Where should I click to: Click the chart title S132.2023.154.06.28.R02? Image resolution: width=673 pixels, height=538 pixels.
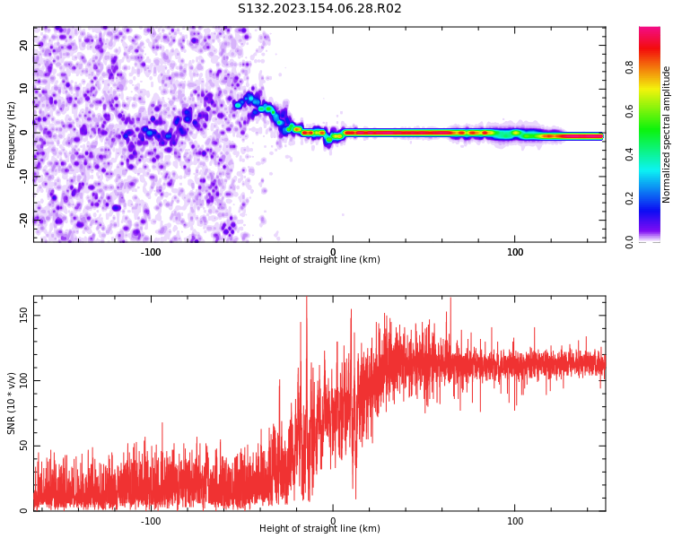pos(319,9)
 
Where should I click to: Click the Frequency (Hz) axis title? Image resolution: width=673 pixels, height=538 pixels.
pos(12,134)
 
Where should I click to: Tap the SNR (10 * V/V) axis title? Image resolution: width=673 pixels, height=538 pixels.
pos(12,403)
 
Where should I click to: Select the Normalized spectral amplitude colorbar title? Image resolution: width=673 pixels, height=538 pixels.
pos(667,134)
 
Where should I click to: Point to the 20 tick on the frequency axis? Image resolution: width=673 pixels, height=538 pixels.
pos(24,45)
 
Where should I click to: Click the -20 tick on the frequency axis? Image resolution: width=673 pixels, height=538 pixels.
pos(23,219)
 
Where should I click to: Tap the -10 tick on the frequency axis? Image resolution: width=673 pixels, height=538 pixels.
pos(23,176)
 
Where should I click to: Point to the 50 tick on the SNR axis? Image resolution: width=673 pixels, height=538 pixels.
pos(23,446)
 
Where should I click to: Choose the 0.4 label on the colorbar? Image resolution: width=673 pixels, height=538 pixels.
pos(654,154)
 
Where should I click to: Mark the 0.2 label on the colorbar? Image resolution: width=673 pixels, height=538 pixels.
pos(654,198)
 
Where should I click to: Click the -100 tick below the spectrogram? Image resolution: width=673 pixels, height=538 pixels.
pos(150,252)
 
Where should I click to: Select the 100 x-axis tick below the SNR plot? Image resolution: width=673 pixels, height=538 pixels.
pos(515,521)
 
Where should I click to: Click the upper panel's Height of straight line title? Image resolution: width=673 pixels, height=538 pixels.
pos(319,260)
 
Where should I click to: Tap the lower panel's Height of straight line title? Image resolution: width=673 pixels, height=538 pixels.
pos(319,529)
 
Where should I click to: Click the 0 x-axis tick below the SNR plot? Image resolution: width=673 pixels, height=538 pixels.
pos(333,521)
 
